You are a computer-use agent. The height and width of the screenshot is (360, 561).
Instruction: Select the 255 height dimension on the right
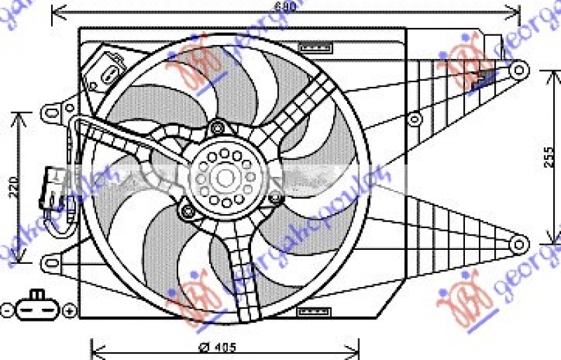(x=552, y=161)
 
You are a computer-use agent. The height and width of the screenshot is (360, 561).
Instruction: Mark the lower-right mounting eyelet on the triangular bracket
(x=518, y=244)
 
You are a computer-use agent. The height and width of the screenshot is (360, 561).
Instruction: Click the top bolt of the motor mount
(x=217, y=128)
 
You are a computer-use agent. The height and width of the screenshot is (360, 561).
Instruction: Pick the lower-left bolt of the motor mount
(x=187, y=211)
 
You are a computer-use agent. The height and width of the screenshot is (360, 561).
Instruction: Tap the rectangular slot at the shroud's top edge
(x=314, y=48)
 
